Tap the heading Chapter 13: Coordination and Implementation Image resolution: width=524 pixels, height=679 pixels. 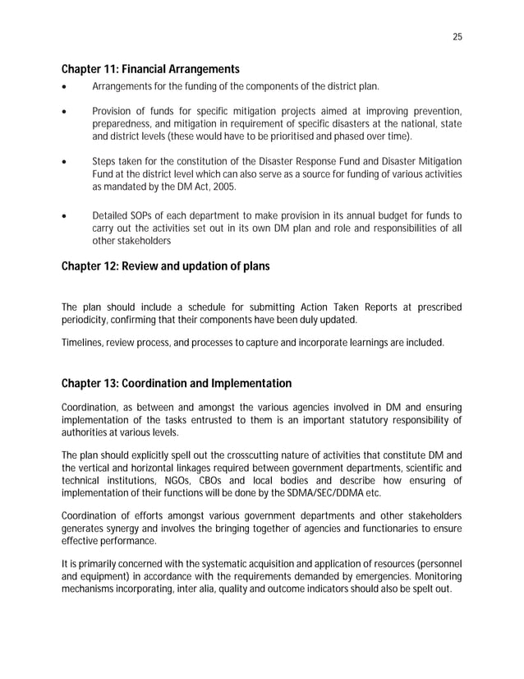177,383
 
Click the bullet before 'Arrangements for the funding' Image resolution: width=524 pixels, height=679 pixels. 65,86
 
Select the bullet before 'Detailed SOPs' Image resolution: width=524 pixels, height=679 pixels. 65,217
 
